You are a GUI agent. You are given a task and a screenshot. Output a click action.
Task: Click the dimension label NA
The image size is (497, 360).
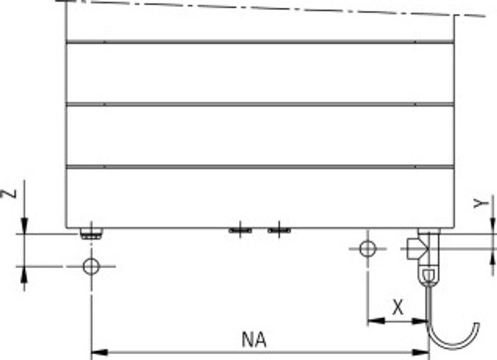coord(254,340)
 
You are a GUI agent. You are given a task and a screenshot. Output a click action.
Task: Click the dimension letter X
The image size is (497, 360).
coord(398,307)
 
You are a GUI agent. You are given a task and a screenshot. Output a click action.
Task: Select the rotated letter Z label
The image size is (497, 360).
coord(10,193)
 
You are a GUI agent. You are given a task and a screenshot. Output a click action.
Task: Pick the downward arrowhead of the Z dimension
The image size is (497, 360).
coord(25,226)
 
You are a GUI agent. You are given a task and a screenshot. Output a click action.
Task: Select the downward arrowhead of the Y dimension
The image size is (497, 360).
coord(493,225)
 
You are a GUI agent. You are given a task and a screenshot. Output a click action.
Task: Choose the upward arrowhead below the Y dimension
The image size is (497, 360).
coord(493,257)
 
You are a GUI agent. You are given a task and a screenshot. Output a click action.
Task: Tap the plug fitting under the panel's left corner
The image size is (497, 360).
coord(91,234)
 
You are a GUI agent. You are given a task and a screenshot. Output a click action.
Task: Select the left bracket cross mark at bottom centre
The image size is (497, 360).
coord(240,230)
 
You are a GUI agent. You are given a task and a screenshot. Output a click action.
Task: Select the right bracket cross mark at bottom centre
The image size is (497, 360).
coord(279,230)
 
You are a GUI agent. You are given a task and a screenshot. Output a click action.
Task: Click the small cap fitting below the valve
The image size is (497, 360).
coord(429,275)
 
